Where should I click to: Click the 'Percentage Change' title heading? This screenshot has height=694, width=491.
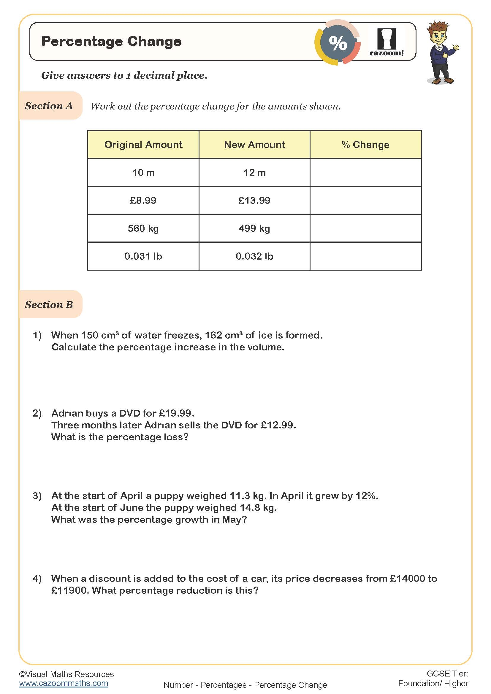tap(111, 42)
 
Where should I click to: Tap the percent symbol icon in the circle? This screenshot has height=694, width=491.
tap(338, 43)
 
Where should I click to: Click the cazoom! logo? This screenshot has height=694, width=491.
tap(387, 42)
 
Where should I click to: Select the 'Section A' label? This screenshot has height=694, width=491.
tap(49, 106)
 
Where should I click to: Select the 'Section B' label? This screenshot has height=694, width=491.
tap(49, 304)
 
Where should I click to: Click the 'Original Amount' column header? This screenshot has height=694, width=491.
tap(143, 145)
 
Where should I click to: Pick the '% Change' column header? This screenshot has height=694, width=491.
tap(365, 145)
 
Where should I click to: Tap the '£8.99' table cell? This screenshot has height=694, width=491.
tap(143, 200)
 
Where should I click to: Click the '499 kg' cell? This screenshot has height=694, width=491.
tap(254, 228)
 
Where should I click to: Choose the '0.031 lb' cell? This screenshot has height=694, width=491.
tap(143, 256)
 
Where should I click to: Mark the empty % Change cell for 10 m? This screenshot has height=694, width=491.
tap(365, 173)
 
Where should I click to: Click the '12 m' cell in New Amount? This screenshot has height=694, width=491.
tap(254, 173)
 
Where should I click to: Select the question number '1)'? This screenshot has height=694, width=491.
tap(37, 335)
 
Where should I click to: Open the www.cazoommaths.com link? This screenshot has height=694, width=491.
tap(64, 683)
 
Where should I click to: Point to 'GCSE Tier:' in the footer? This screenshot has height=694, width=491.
tap(447, 674)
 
